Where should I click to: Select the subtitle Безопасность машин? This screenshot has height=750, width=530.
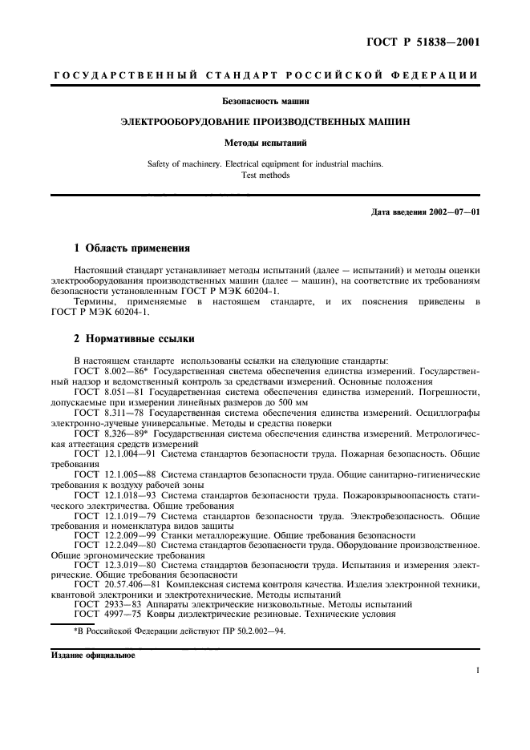pyautogui.click(x=265, y=101)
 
